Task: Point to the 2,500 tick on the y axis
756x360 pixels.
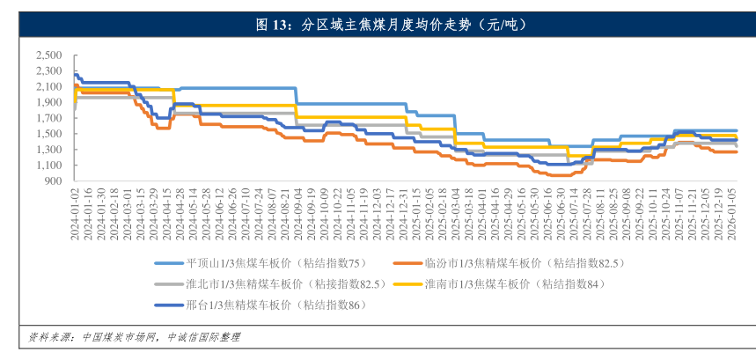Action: coord(48,55)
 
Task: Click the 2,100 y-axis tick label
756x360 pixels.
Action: coord(48,86)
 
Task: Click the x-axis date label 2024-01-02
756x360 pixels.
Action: coord(76,210)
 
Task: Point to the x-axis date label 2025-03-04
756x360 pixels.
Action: coord(455,210)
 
